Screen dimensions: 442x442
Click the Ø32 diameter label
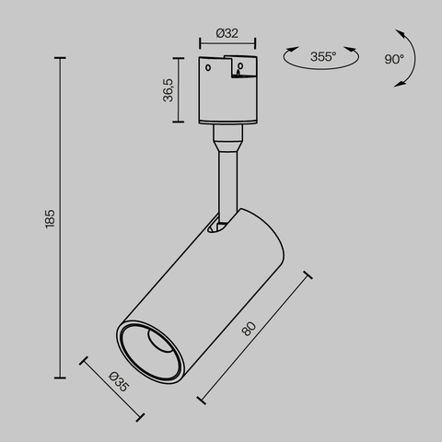[x=227, y=33]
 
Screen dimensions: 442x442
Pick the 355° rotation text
[x=322, y=57]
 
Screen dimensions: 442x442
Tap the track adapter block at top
[x=227, y=92]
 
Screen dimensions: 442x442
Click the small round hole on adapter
[x=211, y=67]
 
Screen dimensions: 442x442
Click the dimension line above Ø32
[x=227, y=43]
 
